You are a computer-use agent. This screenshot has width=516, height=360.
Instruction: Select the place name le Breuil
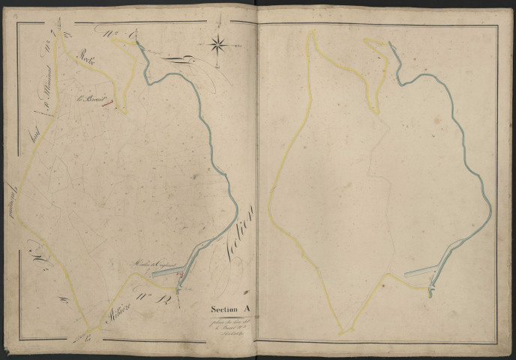(90, 98)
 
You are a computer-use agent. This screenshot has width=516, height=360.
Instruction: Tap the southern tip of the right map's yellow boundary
(342, 333)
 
